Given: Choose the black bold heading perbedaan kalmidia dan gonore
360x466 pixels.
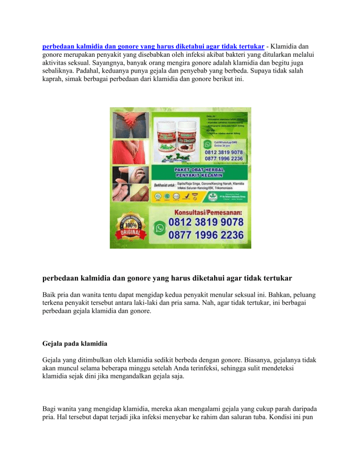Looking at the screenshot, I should pos(167,278).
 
